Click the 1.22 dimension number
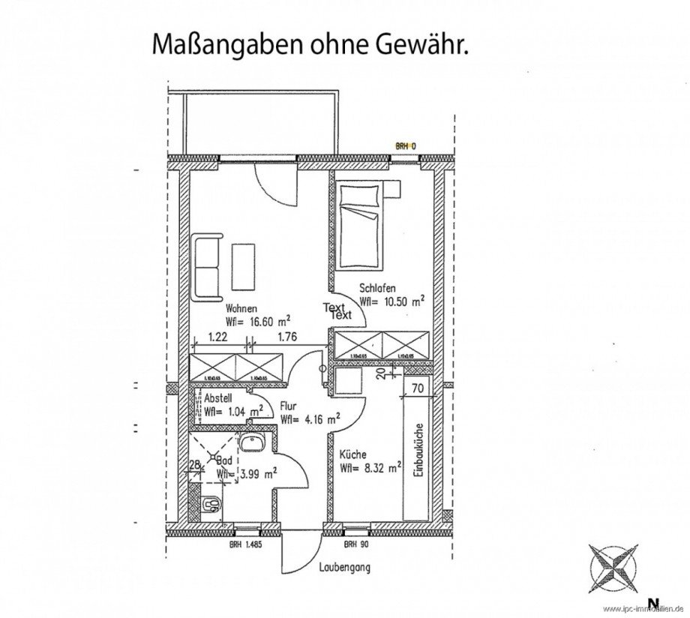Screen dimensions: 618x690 [217, 337]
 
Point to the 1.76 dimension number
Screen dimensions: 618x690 [287, 337]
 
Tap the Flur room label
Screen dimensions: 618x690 [287, 406]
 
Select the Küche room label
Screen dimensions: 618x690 [352, 454]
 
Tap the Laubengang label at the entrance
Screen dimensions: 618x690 [343, 568]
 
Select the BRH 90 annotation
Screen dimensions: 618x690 [353, 544]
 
